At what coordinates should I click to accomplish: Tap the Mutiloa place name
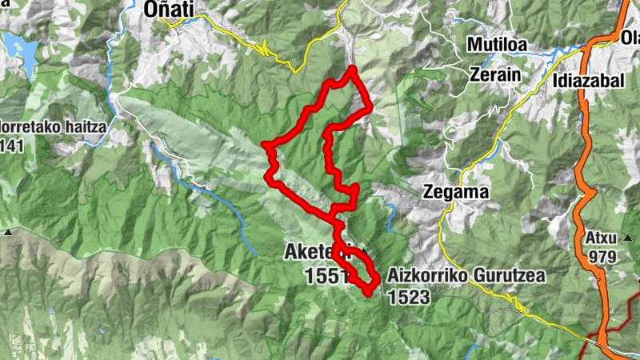pos(497,45)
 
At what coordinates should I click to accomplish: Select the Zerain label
pos(495,74)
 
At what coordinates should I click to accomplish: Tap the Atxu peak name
pos(602,238)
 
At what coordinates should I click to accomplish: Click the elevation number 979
pos(602,256)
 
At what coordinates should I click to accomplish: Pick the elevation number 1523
pos(408,297)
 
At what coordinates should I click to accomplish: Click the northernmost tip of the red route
pos(350,70)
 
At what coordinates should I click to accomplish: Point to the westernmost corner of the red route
pos(265,145)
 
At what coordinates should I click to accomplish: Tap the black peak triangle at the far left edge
pos(7,232)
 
